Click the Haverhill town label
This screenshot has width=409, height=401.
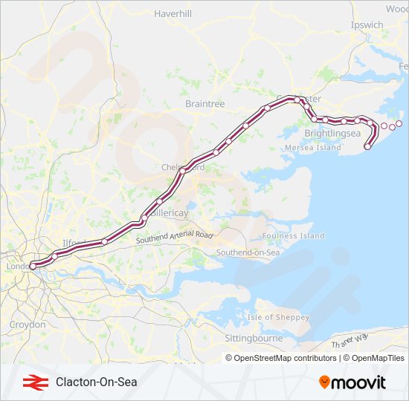coord(173,13)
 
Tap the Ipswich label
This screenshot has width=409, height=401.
coord(367,25)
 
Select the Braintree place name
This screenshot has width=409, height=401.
coord(204,104)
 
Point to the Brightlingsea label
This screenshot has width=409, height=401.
coord(332,133)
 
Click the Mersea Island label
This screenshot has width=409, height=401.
coord(312,148)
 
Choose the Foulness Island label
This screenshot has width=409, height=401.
coord(294,235)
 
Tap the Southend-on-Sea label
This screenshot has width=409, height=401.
coord(248,252)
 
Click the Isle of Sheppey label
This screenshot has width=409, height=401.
coord(278,317)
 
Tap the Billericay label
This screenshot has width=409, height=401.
coord(167,212)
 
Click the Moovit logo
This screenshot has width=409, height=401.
coord(352,382)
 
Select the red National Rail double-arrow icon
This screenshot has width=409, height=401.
coord(31,382)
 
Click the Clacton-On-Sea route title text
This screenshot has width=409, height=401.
coord(97,382)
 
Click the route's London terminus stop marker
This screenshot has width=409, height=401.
coord(32,266)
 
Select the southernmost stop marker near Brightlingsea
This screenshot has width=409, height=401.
coord(367,147)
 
